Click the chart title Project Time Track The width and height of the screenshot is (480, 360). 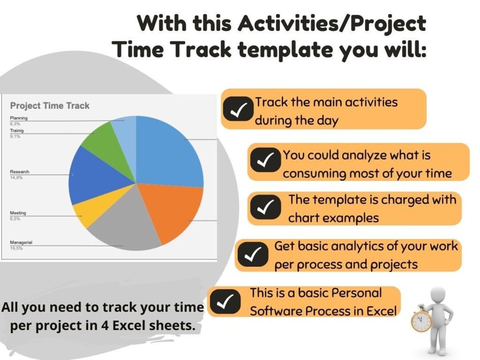click(49, 106)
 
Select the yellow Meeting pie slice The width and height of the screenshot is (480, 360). click(84, 213)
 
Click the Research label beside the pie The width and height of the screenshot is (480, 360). click(19, 172)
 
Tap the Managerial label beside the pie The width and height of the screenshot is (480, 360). click(21, 242)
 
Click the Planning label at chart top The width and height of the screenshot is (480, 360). click(19, 118)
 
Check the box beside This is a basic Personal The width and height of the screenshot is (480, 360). click(225, 301)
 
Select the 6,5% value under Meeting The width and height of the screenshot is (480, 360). click(15, 219)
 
